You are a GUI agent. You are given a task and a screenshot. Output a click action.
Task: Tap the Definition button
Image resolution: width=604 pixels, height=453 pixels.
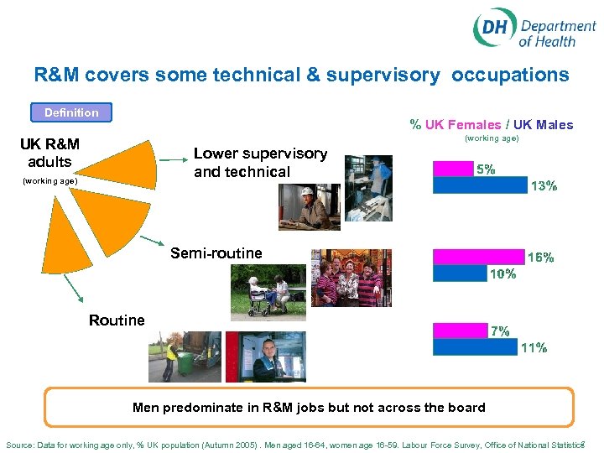(x=71, y=112)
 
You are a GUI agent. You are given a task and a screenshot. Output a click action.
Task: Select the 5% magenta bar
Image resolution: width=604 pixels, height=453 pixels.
(x=454, y=169)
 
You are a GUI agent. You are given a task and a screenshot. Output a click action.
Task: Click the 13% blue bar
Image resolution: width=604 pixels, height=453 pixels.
(x=480, y=185)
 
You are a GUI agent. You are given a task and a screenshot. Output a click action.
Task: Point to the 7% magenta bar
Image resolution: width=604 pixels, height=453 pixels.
(x=461, y=331)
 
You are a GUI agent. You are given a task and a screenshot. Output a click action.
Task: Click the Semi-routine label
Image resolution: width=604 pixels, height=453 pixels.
(x=216, y=253)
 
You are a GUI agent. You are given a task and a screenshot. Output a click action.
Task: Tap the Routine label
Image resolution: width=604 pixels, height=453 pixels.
(x=117, y=320)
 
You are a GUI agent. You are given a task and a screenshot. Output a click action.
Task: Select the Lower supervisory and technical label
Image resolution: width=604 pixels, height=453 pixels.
(x=260, y=163)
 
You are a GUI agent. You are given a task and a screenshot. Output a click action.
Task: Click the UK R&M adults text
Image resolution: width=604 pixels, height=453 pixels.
(x=49, y=153)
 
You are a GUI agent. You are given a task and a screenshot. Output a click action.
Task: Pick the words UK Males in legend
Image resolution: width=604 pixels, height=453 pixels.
(x=544, y=125)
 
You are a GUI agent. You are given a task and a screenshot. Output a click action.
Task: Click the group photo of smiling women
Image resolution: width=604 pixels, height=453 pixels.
(x=351, y=279)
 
